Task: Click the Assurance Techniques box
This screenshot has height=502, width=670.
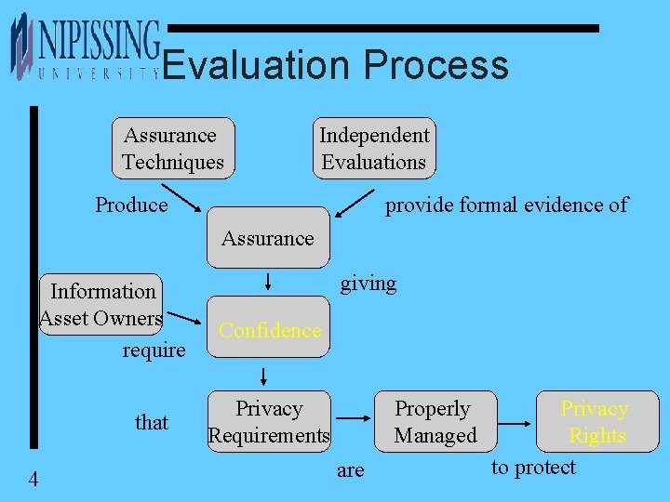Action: click(x=173, y=149)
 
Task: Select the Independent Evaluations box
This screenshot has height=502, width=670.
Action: click(x=374, y=149)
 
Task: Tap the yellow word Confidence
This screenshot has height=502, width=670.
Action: click(x=269, y=330)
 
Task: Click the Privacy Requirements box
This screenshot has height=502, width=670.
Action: click(x=269, y=421)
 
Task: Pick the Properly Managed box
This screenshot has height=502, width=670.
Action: click(x=435, y=421)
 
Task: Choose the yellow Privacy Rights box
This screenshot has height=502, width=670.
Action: click(x=596, y=421)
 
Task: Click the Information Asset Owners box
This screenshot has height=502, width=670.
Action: click(x=101, y=305)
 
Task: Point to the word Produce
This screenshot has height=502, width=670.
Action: click(x=131, y=205)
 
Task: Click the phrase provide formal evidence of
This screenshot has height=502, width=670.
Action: click(x=506, y=205)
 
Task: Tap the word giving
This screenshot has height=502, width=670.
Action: click(x=368, y=283)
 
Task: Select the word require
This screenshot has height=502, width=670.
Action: click(x=154, y=350)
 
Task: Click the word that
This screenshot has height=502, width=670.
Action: click(x=151, y=422)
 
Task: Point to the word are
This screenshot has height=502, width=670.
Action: click(x=350, y=470)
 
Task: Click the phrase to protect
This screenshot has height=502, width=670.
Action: click(x=533, y=467)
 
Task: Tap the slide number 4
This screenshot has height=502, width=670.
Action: click(x=33, y=479)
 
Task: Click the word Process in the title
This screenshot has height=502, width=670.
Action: click(x=435, y=65)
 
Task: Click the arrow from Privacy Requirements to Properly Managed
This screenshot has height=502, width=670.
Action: click(x=355, y=421)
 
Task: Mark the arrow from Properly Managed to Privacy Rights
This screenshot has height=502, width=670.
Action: click(x=518, y=421)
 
